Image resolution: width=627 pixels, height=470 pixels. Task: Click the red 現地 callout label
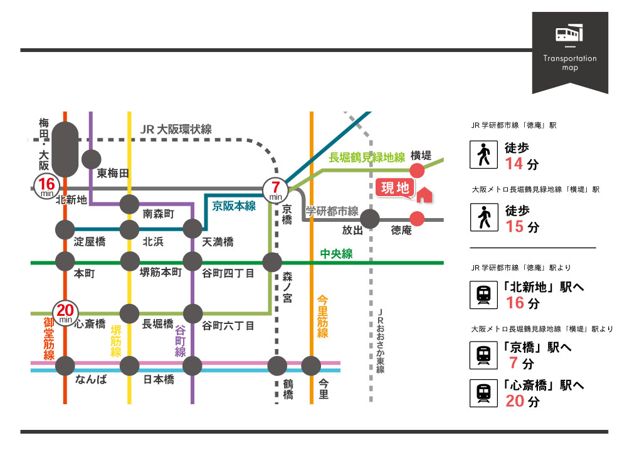pos(395,188)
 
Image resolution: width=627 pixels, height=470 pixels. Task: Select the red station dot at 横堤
pos(417,170)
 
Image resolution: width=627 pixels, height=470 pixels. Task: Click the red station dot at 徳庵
pos(417,218)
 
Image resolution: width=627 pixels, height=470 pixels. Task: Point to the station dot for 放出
pos(371,219)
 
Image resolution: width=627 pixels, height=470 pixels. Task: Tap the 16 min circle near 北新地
pos(46,186)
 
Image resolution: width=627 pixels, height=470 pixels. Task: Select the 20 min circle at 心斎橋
pos(66,311)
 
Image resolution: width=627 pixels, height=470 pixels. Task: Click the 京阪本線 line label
pos(234,206)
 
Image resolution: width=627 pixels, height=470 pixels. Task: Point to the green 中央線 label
pos(336,254)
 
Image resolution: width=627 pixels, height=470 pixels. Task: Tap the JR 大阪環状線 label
pos(176,129)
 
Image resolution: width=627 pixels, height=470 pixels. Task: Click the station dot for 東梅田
pos(91,159)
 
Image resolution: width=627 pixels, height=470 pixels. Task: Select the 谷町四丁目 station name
pos(228,273)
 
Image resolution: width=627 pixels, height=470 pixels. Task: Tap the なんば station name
pos(90,380)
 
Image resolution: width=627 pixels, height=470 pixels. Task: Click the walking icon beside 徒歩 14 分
pos(483,155)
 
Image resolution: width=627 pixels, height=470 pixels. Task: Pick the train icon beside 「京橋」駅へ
pos(483,355)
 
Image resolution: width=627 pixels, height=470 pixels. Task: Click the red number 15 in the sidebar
pos(514,226)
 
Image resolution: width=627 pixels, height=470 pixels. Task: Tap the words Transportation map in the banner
pos(570,63)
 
